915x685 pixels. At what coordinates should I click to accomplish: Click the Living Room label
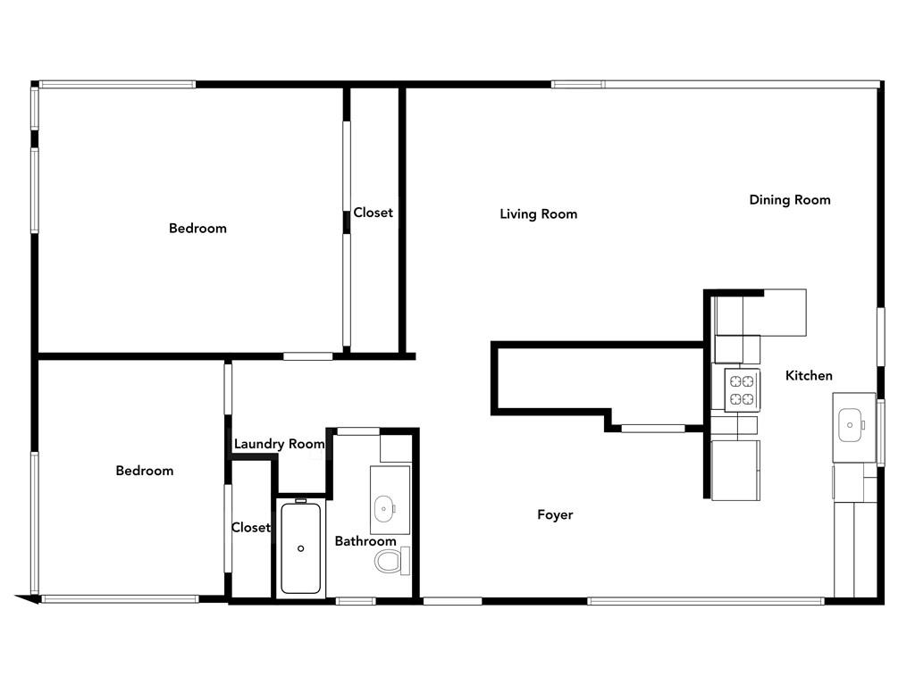click(538, 214)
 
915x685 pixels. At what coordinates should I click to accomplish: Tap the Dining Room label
click(790, 200)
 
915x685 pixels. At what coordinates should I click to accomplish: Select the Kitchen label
click(809, 376)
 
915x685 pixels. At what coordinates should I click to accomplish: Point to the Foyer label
click(555, 514)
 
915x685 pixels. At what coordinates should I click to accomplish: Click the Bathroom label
click(365, 541)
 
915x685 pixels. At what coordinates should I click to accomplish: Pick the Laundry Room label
click(279, 444)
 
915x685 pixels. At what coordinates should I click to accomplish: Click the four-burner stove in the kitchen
click(742, 390)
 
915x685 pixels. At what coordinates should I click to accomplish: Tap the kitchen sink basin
click(850, 425)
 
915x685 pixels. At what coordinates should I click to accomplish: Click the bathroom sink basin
click(384, 509)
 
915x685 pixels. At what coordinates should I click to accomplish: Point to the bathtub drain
click(300, 548)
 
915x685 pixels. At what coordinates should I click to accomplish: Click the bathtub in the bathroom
click(300, 548)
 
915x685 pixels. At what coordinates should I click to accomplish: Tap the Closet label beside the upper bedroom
click(373, 213)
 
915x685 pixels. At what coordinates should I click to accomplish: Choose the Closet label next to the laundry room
click(251, 528)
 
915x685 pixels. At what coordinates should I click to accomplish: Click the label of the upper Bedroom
click(197, 228)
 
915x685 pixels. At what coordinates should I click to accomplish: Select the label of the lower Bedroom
click(145, 471)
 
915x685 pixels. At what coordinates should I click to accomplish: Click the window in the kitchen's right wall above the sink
click(881, 337)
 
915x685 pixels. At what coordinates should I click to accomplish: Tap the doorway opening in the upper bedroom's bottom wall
click(308, 356)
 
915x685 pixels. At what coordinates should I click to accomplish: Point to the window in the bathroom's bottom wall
click(356, 601)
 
